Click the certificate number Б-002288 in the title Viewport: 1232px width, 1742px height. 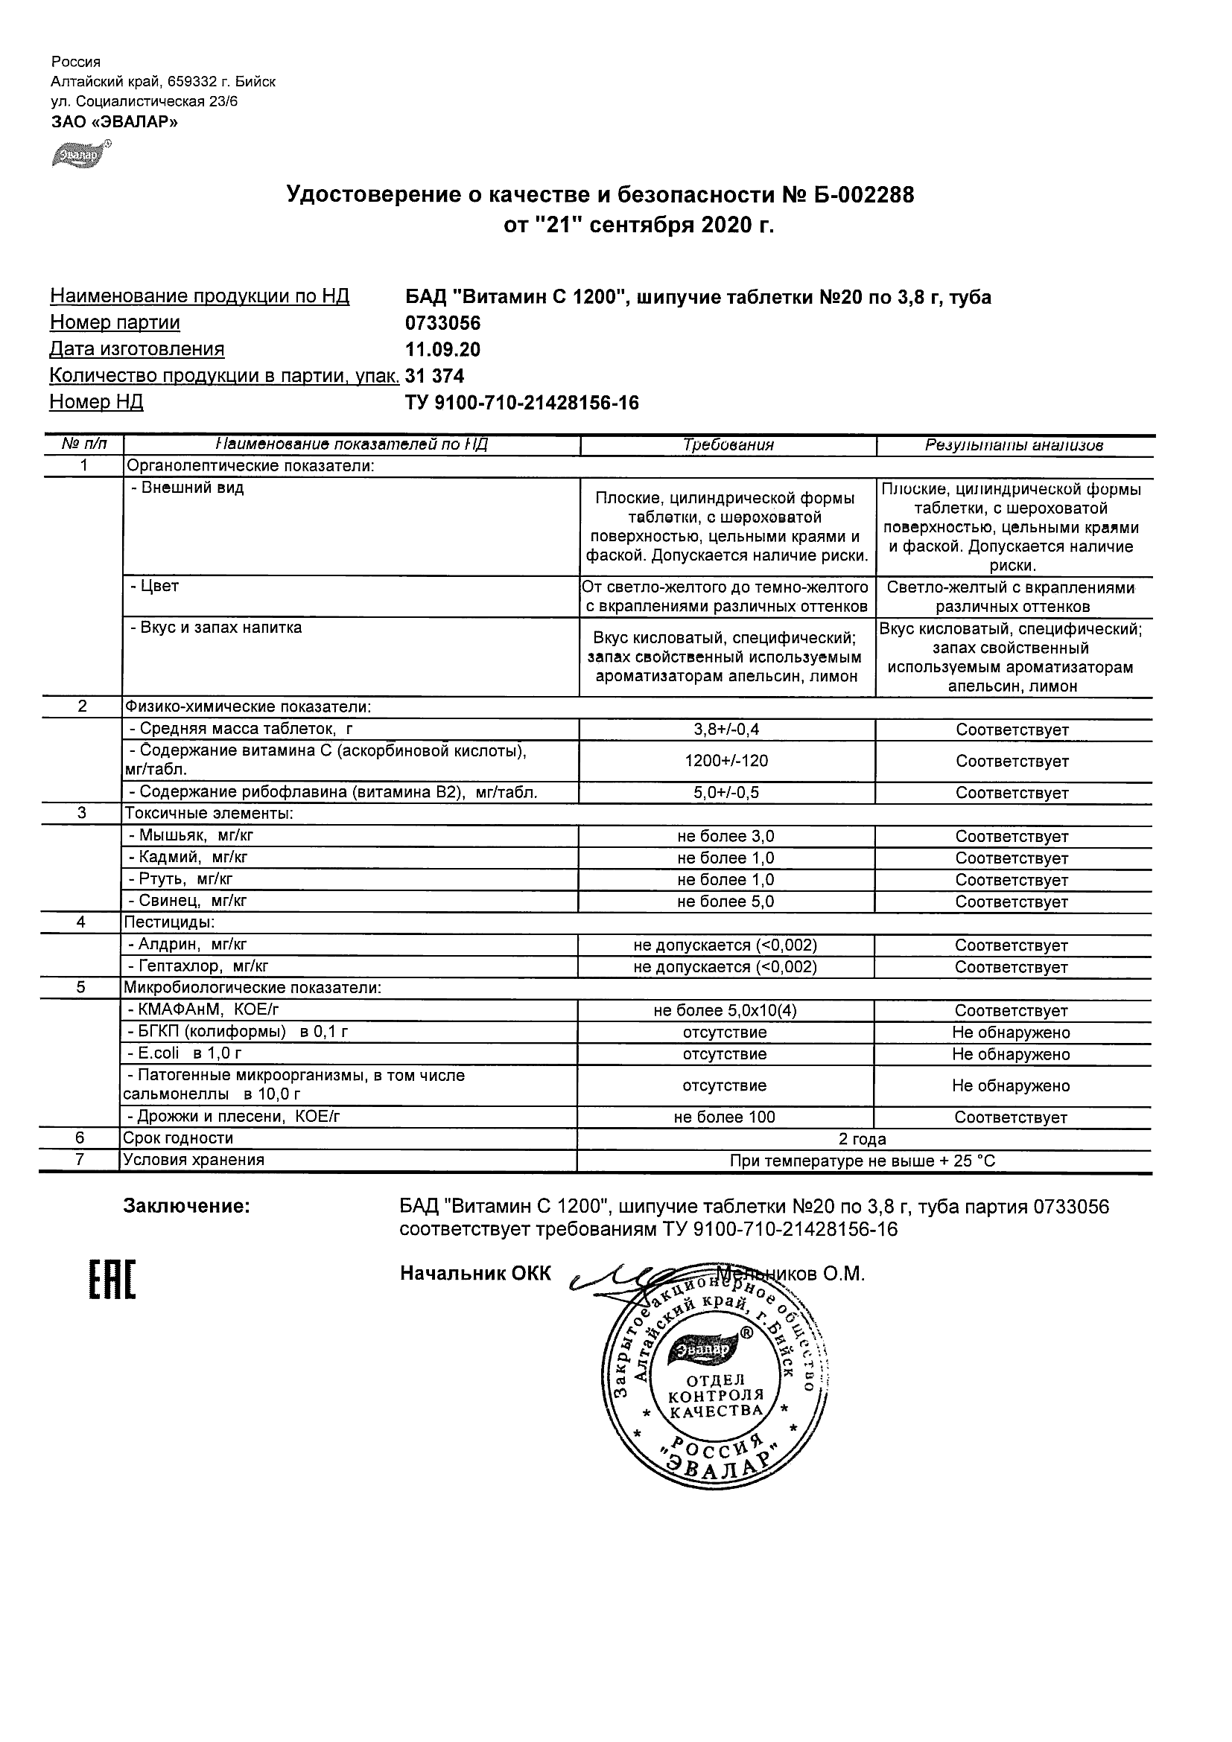click(x=863, y=196)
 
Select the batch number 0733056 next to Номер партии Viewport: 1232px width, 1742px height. click(x=442, y=323)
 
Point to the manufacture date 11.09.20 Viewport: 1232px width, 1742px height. click(x=442, y=350)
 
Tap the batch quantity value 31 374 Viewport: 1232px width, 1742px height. click(x=435, y=377)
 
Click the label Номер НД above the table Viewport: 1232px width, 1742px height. click(x=96, y=402)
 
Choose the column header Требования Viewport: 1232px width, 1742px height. click(x=728, y=445)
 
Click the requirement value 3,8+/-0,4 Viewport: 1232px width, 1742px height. click(x=726, y=730)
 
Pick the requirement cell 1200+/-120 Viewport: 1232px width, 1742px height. click(x=726, y=761)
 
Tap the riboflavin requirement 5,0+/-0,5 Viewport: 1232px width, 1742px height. click(x=726, y=793)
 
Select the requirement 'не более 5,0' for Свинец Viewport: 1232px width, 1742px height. click(x=725, y=902)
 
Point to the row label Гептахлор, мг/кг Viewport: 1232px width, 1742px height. click(x=198, y=966)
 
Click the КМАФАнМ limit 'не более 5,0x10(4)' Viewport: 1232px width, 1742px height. click(x=725, y=1011)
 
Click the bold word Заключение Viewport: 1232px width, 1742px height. click(x=187, y=1206)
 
